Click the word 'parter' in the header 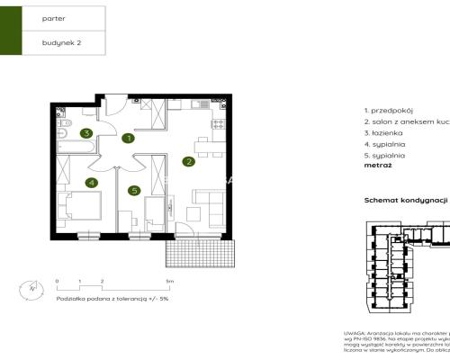53,17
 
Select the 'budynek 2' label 59,41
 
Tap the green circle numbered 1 129,139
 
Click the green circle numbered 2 188,162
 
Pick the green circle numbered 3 85,133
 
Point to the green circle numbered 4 91,182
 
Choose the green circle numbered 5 133,190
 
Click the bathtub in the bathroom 67,141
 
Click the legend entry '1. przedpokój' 388,108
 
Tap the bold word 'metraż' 377,166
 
